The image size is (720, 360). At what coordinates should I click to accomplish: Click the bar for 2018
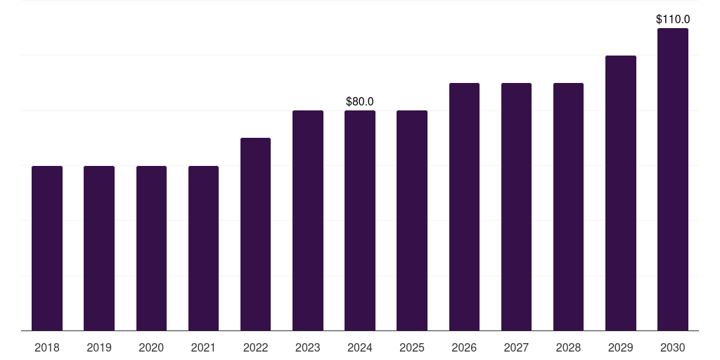[x=47, y=248]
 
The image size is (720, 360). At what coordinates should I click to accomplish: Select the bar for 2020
[x=151, y=248]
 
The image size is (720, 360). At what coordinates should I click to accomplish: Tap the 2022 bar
[x=255, y=234]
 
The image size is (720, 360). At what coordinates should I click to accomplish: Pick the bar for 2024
[x=360, y=220]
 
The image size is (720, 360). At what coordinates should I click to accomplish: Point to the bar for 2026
[x=464, y=207]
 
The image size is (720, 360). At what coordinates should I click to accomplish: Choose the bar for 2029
[x=621, y=193]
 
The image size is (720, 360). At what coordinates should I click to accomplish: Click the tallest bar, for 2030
[x=673, y=179]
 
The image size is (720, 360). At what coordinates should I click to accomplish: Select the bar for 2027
[x=516, y=207]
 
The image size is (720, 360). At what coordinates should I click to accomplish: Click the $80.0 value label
[x=360, y=102]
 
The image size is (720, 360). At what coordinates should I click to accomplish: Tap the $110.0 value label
[x=673, y=20]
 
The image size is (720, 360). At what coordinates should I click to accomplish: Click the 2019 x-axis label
[x=99, y=347]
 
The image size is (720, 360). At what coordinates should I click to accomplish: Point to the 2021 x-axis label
[x=203, y=347]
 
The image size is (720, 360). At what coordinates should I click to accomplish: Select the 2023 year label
[x=308, y=347]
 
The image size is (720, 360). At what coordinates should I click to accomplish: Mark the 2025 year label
[x=412, y=347]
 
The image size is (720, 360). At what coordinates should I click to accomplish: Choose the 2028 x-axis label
[x=568, y=347]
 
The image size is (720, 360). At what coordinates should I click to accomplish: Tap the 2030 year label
[x=673, y=347]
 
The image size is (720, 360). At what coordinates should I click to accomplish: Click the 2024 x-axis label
[x=360, y=347]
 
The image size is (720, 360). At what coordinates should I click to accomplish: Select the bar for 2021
[x=203, y=248]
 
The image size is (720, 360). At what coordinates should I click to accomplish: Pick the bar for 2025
[x=412, y=220]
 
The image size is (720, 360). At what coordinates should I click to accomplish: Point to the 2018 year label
[x=47, y=347]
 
